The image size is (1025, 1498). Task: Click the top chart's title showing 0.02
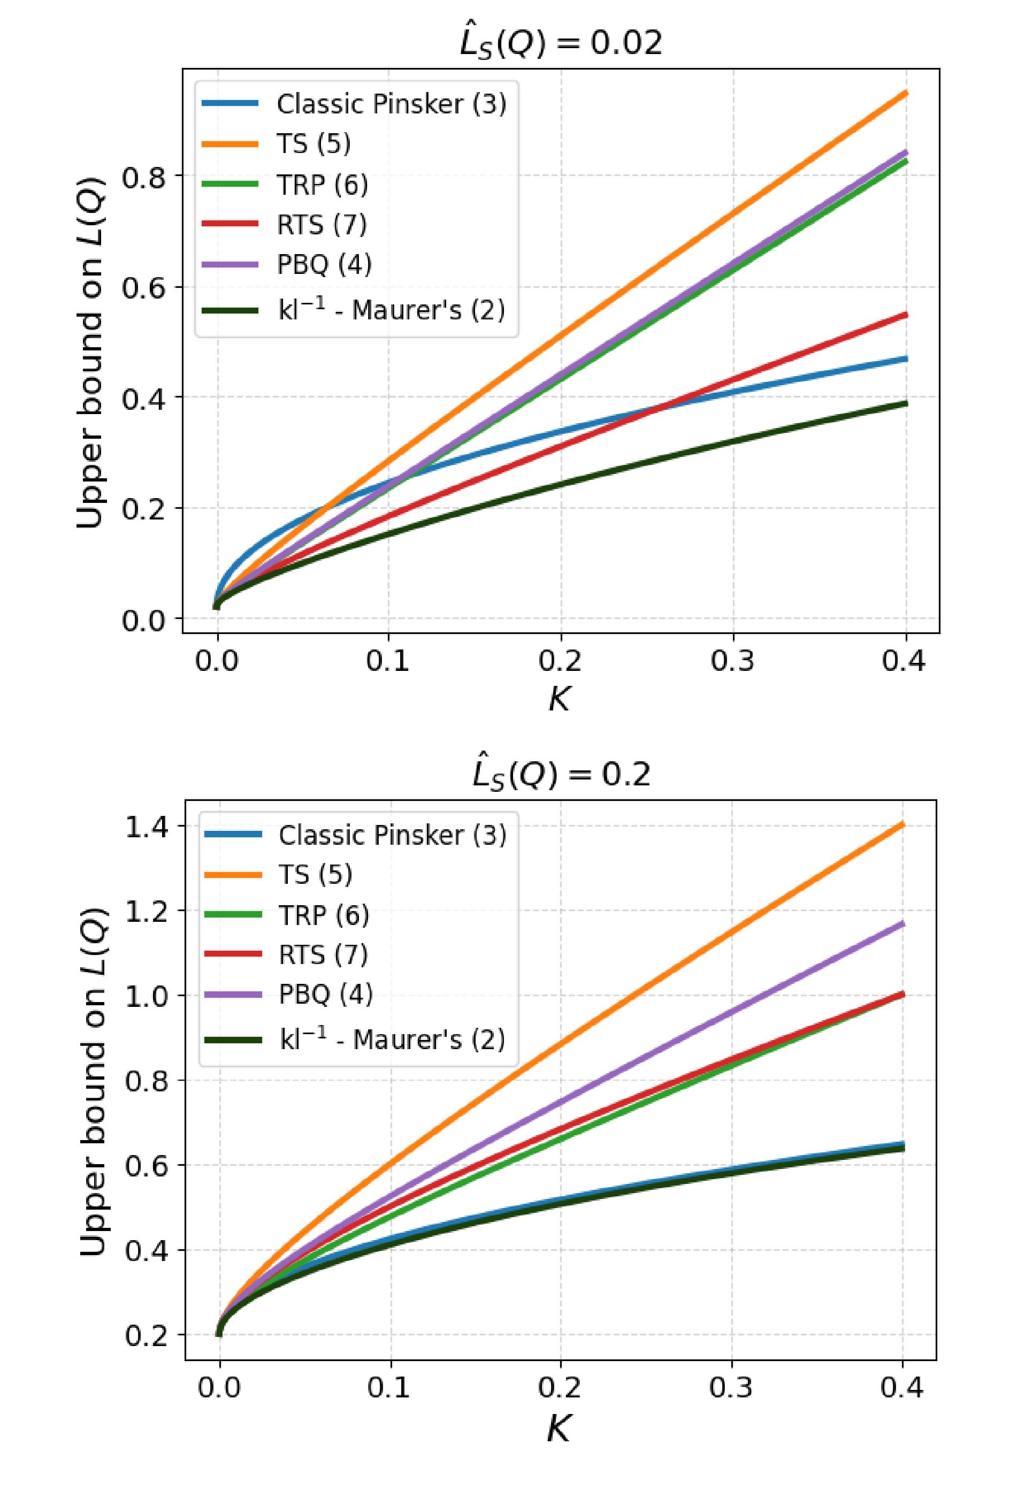[x=560, y=43]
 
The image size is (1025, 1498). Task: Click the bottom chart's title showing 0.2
[x=561, y=774]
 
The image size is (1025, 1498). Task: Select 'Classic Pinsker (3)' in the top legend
[x=391, y=104]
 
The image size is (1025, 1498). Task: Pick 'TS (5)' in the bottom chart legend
[x=315, y=875]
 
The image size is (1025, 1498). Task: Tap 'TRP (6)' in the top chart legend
[x=323, y=185]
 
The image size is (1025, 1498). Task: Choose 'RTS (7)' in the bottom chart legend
[x=323, y=954]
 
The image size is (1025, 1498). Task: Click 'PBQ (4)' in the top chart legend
[x=324, y=264]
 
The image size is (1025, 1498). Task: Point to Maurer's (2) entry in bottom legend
[x=392, y=1040]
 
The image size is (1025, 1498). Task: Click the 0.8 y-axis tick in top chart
[x=143, y=177]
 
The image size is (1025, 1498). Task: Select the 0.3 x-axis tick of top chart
[x=733, y=661]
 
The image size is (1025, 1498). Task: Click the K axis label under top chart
[x=560, y=699]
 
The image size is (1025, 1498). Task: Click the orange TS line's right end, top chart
[x=906, y=94]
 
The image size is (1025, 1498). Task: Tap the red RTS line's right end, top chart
[x=906, y=315]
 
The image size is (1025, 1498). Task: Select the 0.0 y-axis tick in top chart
[x=143, y=620]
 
